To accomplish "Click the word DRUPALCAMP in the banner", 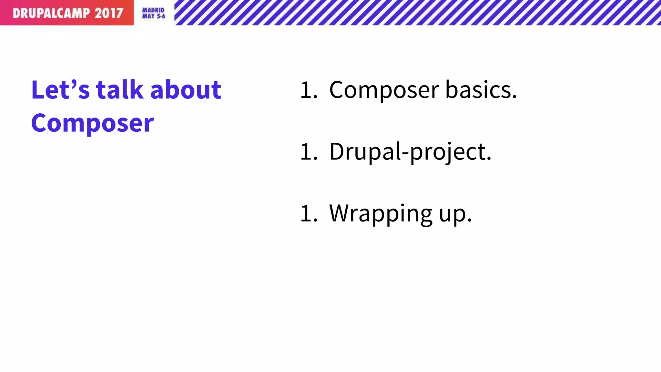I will [51, 13].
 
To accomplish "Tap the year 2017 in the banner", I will [109, 13].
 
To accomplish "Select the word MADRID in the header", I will [153, 10].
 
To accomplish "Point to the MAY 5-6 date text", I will [154, 16].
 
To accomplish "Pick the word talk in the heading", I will [120, 90].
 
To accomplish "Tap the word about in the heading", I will [186, 90].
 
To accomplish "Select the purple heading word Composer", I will [93, 123].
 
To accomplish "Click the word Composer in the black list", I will [384, 90].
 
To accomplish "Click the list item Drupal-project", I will [410, 152].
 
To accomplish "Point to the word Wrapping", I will [381, 214].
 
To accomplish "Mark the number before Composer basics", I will [309, 90].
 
